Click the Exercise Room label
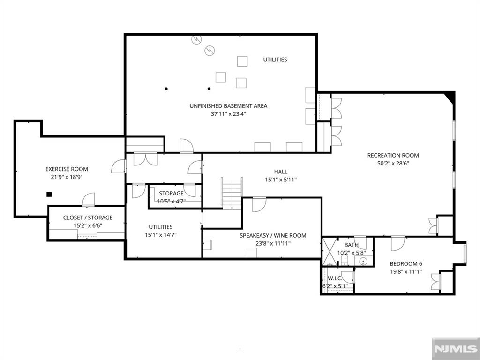(67, 169)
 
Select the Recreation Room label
(393, 155)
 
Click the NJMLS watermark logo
(456, 349)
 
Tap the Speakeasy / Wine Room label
(273, 235)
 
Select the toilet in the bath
(345, 260)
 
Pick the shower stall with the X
(330, 252)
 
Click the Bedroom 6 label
(406, 263)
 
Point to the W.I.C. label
(335, 278)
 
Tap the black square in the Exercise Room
(49, 195)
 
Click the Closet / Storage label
(88, 217)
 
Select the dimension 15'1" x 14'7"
(161, 235)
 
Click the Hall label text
(281, 172)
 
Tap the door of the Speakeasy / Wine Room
(259, 205)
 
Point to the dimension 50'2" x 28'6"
(393, 163)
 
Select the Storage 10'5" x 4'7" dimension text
(172, 201)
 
